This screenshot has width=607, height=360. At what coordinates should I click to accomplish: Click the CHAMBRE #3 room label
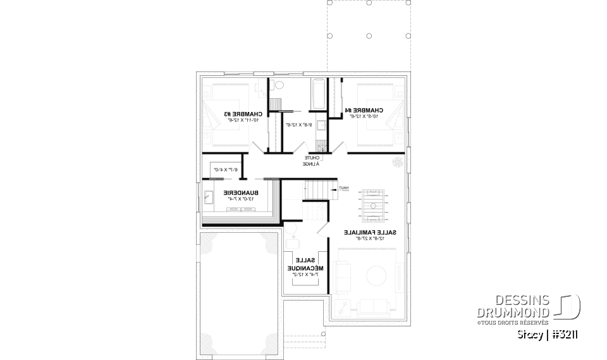(x=236, y=115)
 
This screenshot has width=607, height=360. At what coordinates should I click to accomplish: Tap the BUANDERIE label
(x=237, y=192)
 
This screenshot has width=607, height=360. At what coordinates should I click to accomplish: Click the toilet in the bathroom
(x=280, y=85)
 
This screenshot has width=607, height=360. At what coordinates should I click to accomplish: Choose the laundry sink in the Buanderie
(x=209, y=199)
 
